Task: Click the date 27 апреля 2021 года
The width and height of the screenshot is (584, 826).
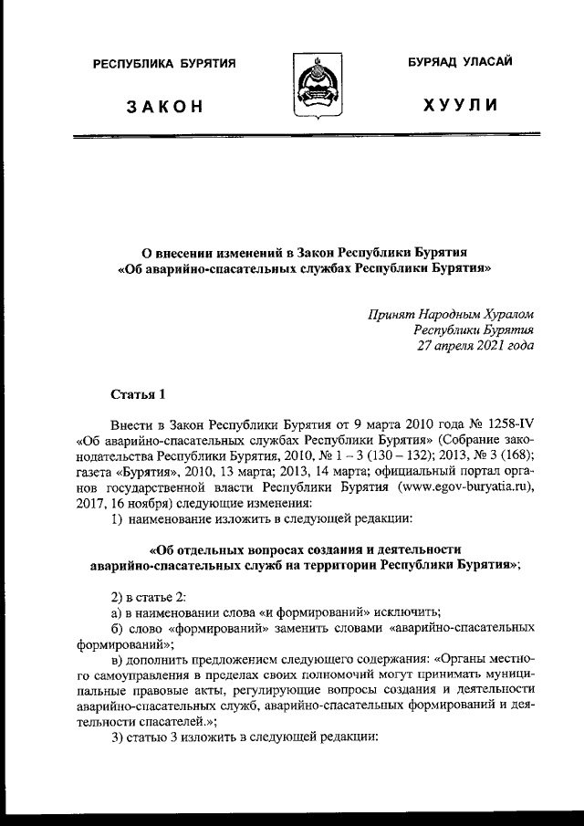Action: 474,346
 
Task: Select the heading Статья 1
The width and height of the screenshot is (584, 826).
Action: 138,394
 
